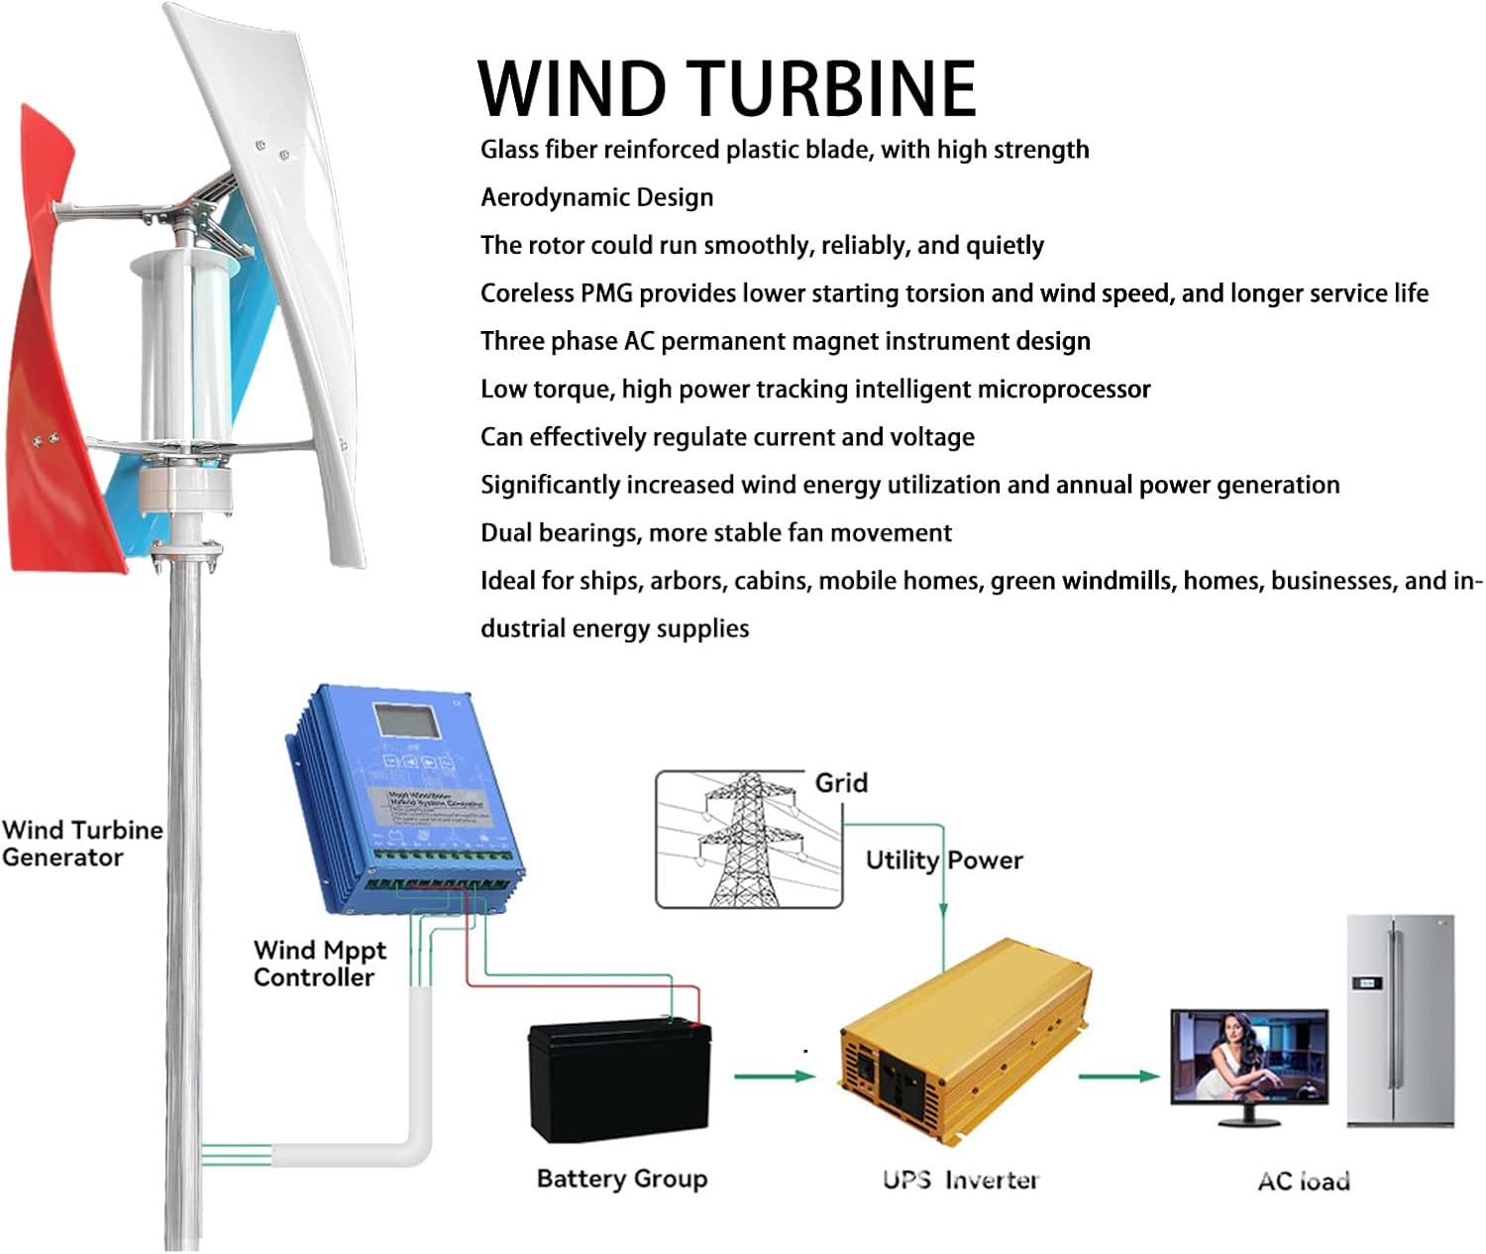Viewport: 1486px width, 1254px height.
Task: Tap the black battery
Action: (619, 1080)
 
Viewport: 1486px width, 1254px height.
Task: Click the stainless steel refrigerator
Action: (1400, 1020)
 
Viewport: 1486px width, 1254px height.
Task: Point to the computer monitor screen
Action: (1248, 1056)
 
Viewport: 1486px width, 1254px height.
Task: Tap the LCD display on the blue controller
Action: (406, 721)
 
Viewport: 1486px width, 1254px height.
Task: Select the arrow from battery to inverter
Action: (774, 1076)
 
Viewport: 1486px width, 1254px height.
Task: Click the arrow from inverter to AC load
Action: (1117, 1076)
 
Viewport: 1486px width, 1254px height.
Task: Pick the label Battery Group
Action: (622, 1179)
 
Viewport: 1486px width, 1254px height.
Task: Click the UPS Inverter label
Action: (961, 1180)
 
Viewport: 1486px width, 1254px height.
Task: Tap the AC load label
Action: (1304, 1181)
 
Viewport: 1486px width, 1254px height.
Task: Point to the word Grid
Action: (841, 783)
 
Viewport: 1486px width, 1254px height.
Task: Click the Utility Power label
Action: (943, 859)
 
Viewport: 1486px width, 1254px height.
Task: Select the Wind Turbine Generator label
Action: (81, 844)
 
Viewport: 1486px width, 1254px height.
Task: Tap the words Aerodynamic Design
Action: (596, 197)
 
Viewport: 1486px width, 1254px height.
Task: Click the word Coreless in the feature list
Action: (527, 293)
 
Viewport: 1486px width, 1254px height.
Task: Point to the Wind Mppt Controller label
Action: (319, 964)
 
